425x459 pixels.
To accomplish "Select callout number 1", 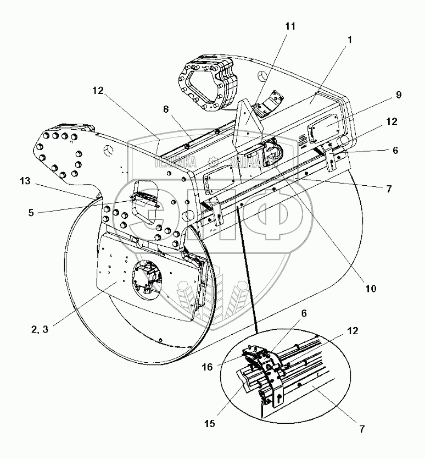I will pos(350,39).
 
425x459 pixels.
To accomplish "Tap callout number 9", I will pos(398,95).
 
